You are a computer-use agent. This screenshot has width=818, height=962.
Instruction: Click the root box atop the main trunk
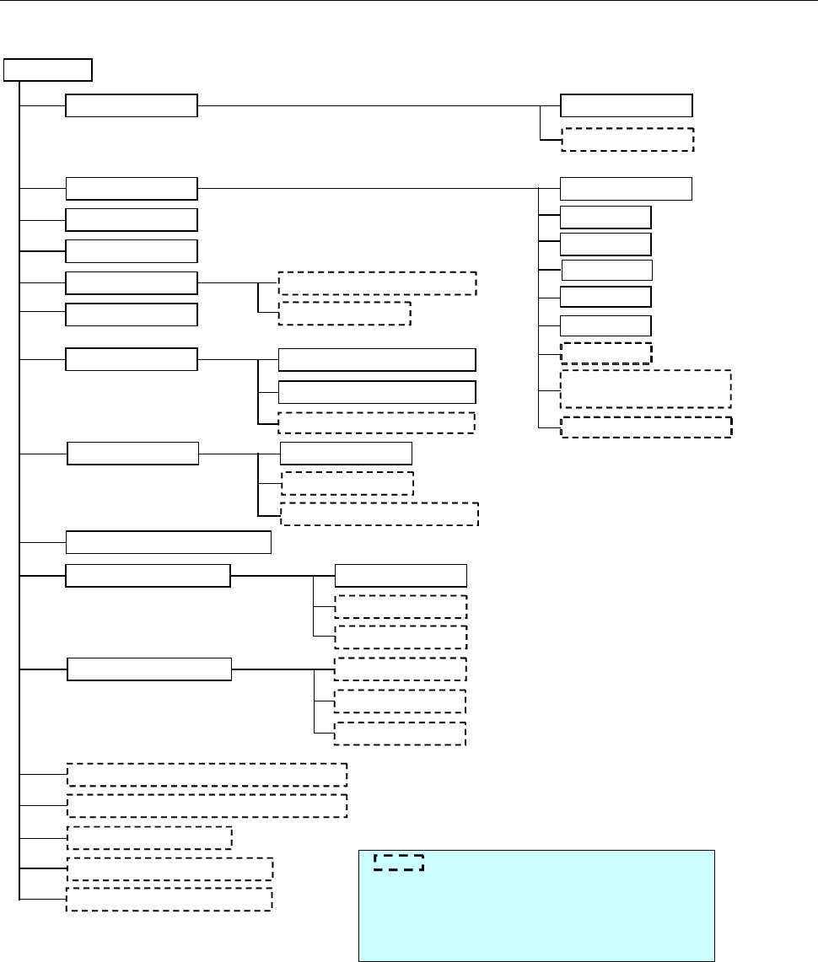(48, 69)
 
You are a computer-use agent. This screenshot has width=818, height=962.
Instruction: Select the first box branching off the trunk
(132, 106)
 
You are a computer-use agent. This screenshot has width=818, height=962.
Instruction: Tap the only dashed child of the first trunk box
(627, 139)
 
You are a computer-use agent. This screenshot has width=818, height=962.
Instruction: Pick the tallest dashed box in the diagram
(645, 389)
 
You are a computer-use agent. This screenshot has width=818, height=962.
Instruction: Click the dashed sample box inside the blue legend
(398, 862)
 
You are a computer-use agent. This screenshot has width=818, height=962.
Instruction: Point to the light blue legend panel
(536, 905)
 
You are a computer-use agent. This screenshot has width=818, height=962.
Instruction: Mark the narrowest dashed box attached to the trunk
(149, 837)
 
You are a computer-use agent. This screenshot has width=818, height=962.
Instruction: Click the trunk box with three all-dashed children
(149, 670)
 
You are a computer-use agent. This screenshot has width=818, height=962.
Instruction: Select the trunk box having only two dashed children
(132, 282)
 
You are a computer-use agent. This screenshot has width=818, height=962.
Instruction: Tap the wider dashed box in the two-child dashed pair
(377, 282)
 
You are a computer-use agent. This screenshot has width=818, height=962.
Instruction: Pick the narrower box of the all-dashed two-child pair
(345, 313)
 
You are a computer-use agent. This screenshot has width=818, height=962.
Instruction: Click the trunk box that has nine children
(132, 189)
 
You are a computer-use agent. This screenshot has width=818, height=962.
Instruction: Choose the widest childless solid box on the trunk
(170, 541)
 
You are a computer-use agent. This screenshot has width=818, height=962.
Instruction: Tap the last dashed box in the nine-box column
(646, 427)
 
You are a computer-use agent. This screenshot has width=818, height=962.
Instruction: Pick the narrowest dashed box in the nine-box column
(606, 352)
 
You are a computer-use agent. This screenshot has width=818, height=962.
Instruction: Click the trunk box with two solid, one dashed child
(132, 358)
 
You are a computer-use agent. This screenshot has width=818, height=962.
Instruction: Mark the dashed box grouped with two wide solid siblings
(377, 422)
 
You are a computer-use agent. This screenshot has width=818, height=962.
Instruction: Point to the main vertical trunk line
(19, 506)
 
